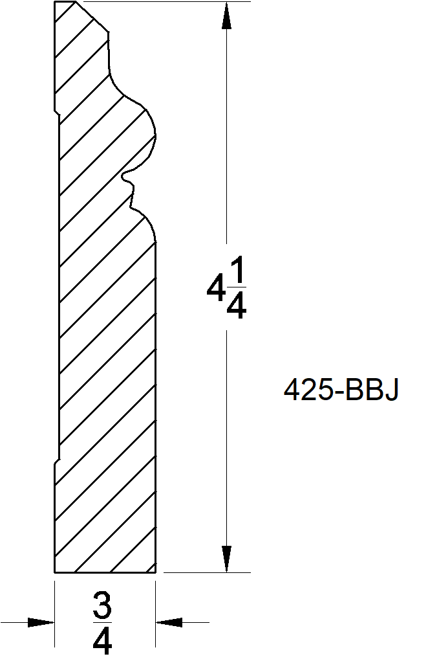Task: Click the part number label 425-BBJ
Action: pyautogui.click(x=341, y=390)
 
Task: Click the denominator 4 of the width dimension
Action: pyautogui.click(x=102, y=640)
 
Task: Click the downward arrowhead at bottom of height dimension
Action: pyautogui.click(x=226, y=559)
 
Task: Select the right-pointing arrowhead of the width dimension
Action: pyautogui.click(x=41, y=622)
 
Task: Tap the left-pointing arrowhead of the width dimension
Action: pyautogui.click(x=169, y=622)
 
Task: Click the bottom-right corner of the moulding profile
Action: pyautogui.click(x=156, y=573)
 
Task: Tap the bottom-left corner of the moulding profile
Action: pyautogui.click(x=54, y=573)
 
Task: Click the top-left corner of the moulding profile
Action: pyautogui.click(x=55, y=2)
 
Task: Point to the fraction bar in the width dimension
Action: pyautogui.click(x=102, y=623)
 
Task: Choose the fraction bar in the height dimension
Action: pyautogui.click(x=237, y=292)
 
